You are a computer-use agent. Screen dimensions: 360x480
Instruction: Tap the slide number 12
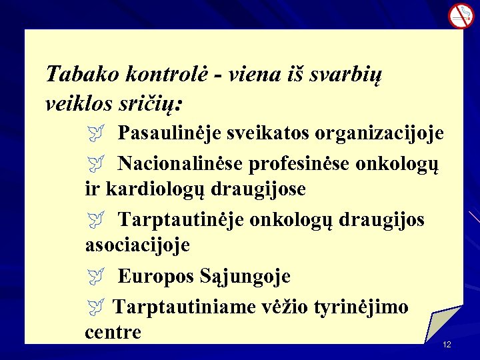point(447,344)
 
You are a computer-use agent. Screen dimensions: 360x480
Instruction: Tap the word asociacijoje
point(137,245)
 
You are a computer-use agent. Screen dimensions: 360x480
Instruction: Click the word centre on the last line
point(113,332)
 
